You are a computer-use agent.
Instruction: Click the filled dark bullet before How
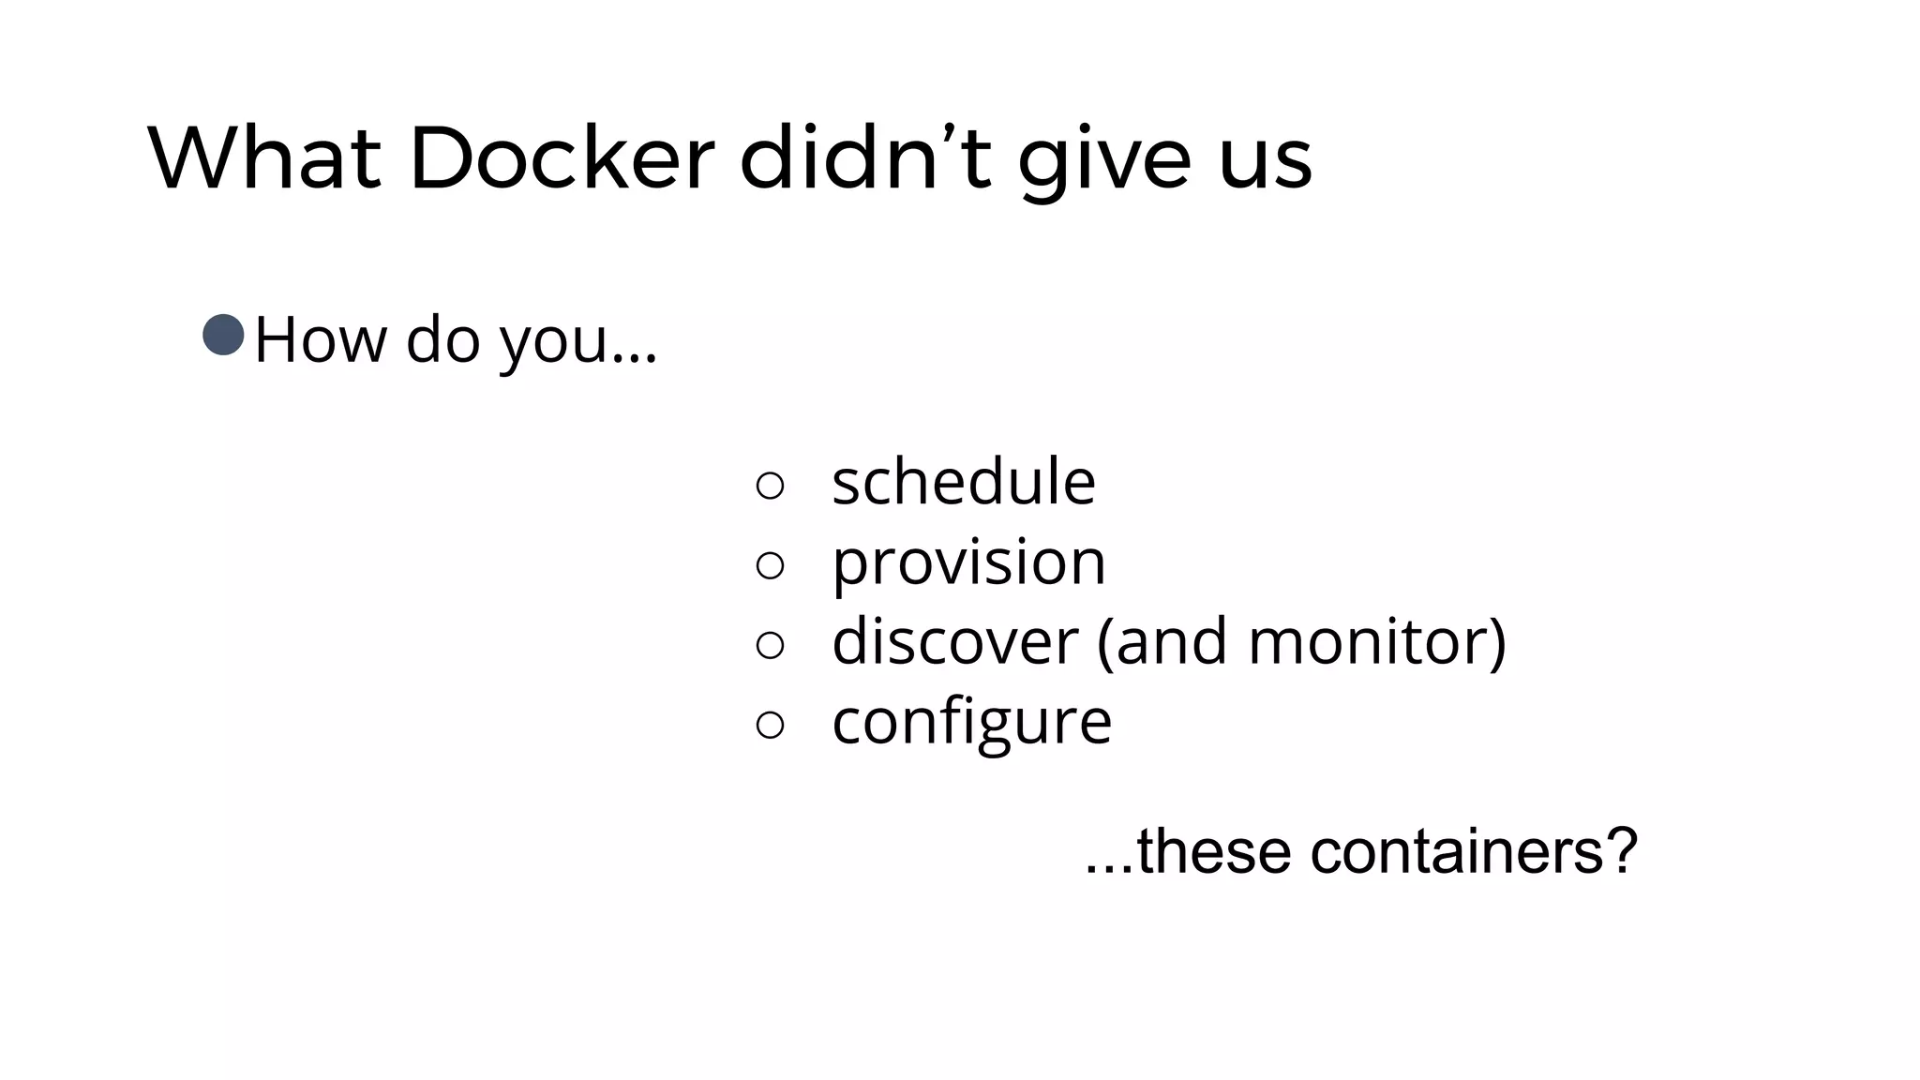[223, 336]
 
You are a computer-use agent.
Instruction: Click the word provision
[968, 562]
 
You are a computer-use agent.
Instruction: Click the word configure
[971, 722]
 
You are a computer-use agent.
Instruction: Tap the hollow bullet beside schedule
[770, 485]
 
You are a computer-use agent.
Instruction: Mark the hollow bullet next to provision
[770, 564]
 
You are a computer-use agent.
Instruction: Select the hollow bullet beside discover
[770, 644]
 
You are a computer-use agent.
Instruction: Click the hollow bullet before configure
[770, 724]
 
